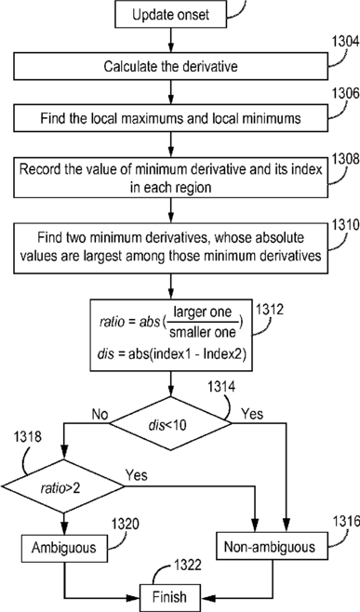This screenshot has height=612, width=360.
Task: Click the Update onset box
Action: pyautogui.click(x=171, y=14)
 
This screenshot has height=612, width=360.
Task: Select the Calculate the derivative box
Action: pyautogui.click(x=171, y=66)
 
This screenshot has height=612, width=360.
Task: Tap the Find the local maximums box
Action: pyautogui.click(x=171, y=118)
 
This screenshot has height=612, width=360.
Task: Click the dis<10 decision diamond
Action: pyautogui.click(x=170, y=423)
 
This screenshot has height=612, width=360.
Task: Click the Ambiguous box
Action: pyautogui.click(x=63, y=548)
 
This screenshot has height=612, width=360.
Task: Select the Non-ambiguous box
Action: pyautogui.click(x=270, y=547)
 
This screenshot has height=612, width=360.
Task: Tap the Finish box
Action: pyautogui.click(x=170, y=597)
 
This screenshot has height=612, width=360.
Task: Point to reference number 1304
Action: pyautogui.click(x=345, y=42)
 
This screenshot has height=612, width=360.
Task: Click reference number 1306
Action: pyautogui.click(x=345, y=94)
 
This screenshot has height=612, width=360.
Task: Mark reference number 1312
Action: pyautogui.click(x=270, y=309)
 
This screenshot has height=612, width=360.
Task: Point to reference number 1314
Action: pyautogui.click(x=221, y=387)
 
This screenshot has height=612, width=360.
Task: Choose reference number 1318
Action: pyautogui.click(x=27, y=437)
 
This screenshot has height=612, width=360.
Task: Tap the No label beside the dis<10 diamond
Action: pyautogui.click(x=100, y=414)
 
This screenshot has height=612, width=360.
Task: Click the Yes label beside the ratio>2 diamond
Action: pyautogui.click(x=136, y=475)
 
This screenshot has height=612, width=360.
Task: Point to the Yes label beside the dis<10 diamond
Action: pyautogui.click(x=252, y=413)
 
